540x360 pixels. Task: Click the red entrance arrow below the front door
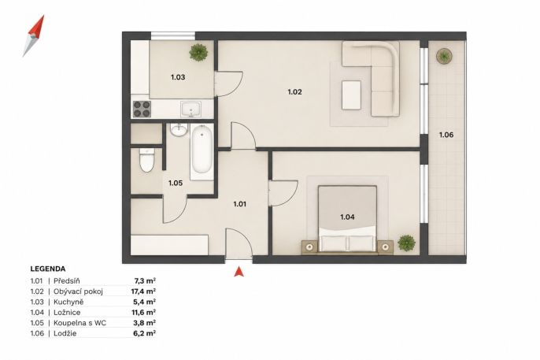click(x=239, y=272)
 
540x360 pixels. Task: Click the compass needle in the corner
click(x=34, y=35)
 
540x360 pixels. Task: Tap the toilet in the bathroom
click(x=147, y=160)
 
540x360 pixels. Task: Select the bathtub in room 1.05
click(x=202, y=150)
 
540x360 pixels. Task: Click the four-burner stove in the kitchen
click(x=142, y=109)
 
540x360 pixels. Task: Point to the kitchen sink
click(x=191, y=109)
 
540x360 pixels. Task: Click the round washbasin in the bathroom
click(x=179, y=130)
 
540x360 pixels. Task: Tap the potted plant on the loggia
click(x=444, y=55)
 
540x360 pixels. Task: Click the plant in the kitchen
click(x=198, y=52)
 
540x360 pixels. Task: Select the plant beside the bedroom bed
click(x=406, y=243)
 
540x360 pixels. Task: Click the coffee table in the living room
click(x=351, y=95)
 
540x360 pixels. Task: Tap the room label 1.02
click(x=294, y=92)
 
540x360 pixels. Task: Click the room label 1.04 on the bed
click(x=347, y=217)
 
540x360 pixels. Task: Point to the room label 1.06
click(x=446, y=135)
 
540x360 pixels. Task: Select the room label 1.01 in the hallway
click(x=239, y=204)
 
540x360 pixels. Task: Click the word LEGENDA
click(x=48, y=269)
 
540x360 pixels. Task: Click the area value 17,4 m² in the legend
click(x=143, y=291)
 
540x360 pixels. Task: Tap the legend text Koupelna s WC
click(x=80, y=323)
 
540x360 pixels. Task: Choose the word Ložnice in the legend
click(x=67, y=313)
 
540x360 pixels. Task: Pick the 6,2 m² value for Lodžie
click(x=145, y=333)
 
